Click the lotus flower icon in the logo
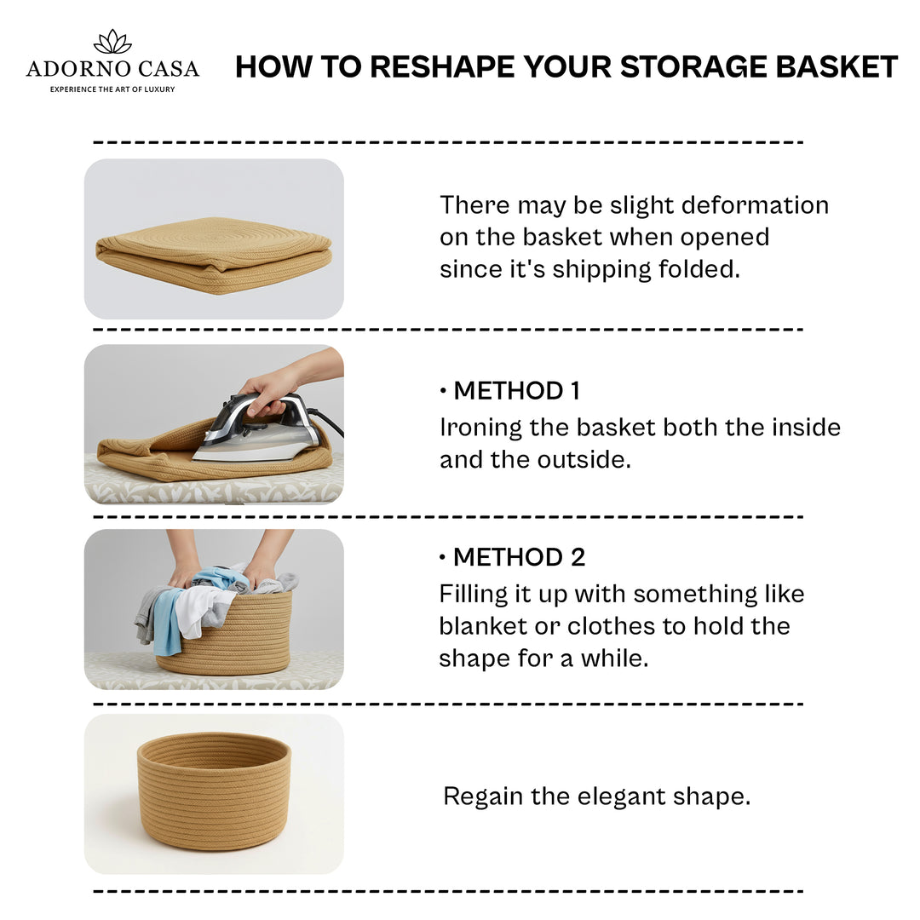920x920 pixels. [112, 42]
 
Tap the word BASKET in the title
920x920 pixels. [837, 66]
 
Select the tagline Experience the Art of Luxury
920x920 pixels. [112, 89]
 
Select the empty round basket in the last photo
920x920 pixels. [214, 791]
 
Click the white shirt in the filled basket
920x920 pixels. [203, 610]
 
